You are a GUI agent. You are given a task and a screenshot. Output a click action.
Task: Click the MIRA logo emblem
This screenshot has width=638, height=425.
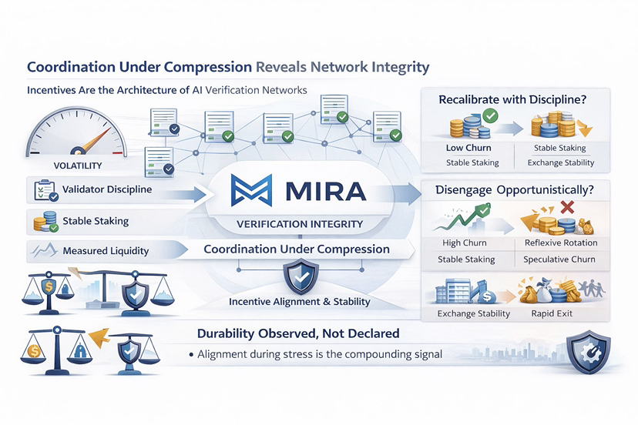[x=251, y=190]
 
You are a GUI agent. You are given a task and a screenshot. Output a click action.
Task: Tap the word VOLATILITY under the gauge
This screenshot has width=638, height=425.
[x=78, y=166]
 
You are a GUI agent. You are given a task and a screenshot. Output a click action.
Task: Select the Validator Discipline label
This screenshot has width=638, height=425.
[x=107, y=189]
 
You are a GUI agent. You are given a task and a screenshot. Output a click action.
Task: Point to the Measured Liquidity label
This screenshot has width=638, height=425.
[x=106, y=251]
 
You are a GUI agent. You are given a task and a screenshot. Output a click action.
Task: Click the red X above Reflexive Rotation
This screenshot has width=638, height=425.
[x=567, y=207]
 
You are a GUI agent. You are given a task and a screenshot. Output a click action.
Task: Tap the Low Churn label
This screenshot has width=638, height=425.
[x=468, y=148]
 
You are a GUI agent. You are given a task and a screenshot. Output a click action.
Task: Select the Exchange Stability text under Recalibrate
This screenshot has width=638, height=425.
[x=561, y=162]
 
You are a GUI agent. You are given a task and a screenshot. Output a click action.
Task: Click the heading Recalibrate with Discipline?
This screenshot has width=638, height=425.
[x=512, y=99]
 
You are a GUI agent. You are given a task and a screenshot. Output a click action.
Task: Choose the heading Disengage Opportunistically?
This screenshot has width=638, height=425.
[x=514, y=190]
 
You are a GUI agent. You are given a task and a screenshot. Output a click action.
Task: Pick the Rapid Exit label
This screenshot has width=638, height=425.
[x=552, y=313]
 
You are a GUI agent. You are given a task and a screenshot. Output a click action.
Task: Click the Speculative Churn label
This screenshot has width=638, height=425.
[x=559, y=259]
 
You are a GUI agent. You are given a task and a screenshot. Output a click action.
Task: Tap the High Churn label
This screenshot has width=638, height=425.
[x=465, y=243]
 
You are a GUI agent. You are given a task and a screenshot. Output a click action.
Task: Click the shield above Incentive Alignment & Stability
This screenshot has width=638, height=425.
[x=301, y=278]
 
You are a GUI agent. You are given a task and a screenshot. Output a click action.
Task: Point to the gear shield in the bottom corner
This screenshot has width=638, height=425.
[x=589, y=352]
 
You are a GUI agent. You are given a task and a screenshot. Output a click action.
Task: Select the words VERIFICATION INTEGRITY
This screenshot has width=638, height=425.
[x=300, y=224]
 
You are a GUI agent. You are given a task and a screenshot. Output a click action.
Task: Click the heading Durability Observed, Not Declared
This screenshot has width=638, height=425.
[x=298, y=333]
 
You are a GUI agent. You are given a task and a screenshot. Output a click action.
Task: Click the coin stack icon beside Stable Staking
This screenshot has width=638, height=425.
[x=45, y=222]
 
